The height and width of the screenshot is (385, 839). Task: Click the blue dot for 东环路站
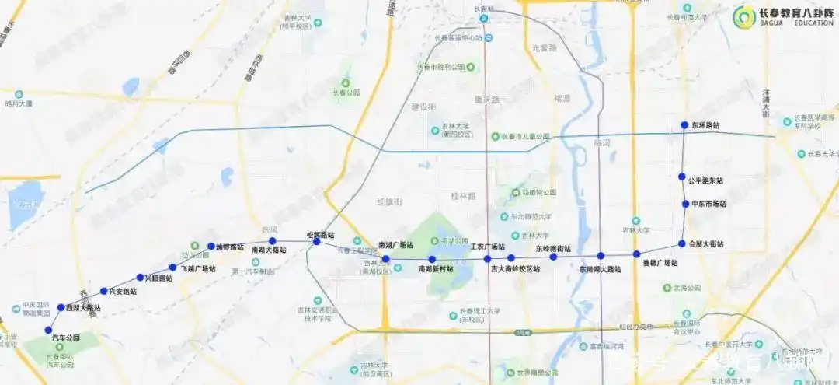coord(684,124)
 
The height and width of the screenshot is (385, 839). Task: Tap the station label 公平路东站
coord(705,180)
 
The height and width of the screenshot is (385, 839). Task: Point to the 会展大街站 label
coord(705,244)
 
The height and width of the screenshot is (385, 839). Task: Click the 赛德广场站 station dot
coord(636,254)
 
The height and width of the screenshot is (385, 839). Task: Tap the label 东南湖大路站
coord(601,270)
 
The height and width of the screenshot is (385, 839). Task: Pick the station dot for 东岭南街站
coord(553,257)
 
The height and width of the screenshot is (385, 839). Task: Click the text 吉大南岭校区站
coord(515,270)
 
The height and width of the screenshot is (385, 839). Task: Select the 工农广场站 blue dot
coord(488,259)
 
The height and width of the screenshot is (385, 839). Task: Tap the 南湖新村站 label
coord(435,269)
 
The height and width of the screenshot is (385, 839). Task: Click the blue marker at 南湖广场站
coord(385,259)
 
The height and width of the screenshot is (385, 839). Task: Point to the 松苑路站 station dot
coord(316,242)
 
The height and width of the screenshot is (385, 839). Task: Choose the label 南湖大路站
coord(269,250)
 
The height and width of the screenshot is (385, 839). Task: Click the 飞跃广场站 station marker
coord(173,268)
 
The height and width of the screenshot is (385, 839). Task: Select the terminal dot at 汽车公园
coord(48,330)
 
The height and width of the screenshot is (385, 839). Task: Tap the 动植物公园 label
coord(539,192)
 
